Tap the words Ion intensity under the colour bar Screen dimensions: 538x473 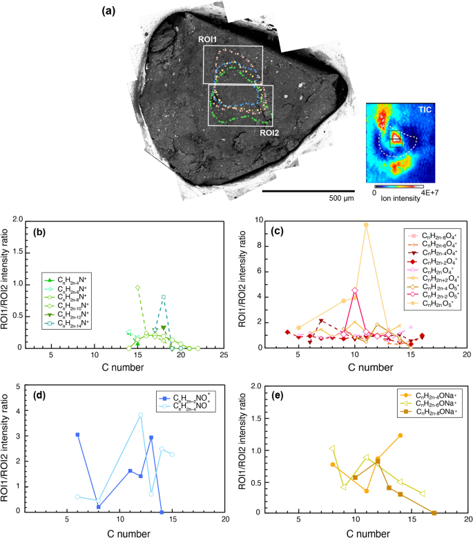[398, 202]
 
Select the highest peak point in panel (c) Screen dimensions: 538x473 [366, 224]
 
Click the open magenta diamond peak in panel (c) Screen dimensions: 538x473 [355, 290]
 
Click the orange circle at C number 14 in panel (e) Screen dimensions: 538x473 [400, 435]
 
